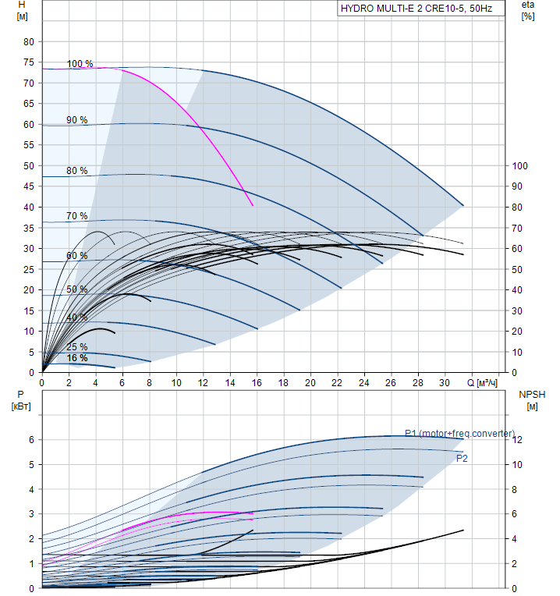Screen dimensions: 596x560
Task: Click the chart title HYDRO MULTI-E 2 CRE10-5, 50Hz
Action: (416, 9)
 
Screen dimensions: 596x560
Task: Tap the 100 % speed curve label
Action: (80, 64)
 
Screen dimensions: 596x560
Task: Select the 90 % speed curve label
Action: (76, 120)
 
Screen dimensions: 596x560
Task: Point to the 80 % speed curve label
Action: (76, 171)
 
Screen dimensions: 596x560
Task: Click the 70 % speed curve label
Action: (76, 216)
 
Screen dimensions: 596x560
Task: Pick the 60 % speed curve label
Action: (76, 256)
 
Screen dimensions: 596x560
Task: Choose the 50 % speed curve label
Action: (76, 289)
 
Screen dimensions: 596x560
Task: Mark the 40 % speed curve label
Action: (76, 318)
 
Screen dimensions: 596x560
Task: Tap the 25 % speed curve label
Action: (76, 347)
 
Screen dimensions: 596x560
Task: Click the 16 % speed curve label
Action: (76, 358)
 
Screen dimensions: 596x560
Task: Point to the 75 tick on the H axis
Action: (28, 62)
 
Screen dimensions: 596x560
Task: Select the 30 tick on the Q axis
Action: (445, 383)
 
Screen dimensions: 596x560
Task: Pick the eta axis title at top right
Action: (528, 11)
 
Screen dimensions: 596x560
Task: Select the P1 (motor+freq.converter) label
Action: (459, 434)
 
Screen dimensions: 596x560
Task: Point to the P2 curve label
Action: (462, 459)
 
